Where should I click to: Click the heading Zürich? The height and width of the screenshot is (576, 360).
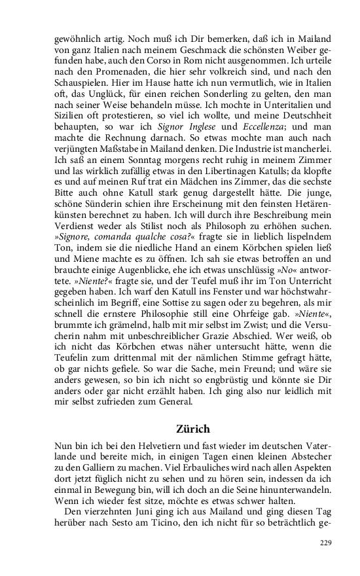(193, 429)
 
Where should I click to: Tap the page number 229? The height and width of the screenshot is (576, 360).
(325, 543)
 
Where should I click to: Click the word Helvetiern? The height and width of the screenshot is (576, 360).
(141, 448)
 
